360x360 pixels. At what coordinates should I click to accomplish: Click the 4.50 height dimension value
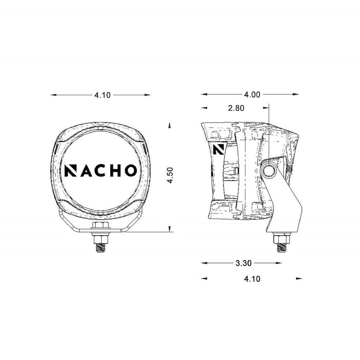tap(170, 175)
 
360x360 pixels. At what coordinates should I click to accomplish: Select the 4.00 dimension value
tap(252, 95)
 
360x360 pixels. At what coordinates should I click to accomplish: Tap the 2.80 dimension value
tap(236, 108)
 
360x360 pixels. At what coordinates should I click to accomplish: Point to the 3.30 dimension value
tap(244, 263)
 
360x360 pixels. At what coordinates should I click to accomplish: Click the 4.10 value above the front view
tap(102, 95)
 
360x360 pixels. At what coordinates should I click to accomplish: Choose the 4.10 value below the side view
tap(252, 279)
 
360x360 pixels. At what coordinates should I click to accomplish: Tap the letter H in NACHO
tap(115, 171)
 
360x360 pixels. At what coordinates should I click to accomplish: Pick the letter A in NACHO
tap(86, 171)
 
